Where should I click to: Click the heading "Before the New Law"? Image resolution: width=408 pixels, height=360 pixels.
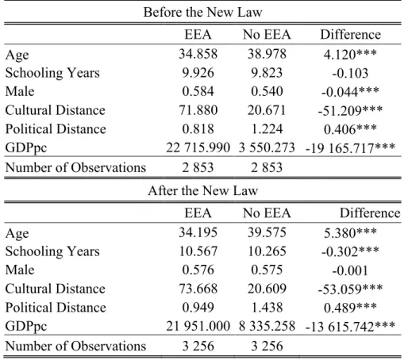click(202, 12)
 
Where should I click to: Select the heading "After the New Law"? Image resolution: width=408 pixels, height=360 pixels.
click(202, 190)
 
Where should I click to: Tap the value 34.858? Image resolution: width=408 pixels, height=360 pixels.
click(198, 54)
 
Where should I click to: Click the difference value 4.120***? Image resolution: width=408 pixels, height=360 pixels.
click(350, 54)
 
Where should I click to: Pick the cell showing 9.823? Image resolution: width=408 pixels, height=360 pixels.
click(267, 73)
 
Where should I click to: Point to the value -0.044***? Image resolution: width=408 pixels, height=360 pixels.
click(350, 92)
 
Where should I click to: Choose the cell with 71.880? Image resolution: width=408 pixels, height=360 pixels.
click(198, 110)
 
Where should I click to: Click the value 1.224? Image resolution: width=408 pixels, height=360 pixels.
click(267, 129)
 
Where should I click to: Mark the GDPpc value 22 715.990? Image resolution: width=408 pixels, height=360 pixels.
click(198, 147)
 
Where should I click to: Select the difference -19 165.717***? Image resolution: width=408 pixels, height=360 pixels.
click(350, 147)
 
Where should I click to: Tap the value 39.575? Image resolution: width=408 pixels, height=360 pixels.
click(267, 232)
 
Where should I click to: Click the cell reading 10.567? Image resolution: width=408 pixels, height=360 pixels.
click(198, 251)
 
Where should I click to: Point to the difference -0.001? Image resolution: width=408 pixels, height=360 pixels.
click(350, 270)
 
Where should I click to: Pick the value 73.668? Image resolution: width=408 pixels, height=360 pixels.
click(198, 289)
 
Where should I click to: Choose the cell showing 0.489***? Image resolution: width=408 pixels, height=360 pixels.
click(350, 308)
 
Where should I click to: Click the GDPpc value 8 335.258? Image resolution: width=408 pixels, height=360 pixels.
click(267, 326)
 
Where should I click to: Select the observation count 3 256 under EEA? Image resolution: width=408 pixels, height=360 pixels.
click(198, 346)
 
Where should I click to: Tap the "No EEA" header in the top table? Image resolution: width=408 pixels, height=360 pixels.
click(267, 35)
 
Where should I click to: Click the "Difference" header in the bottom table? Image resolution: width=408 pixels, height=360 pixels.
click(370, 213)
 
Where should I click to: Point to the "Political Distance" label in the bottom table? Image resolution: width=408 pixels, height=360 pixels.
click(56, 308)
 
